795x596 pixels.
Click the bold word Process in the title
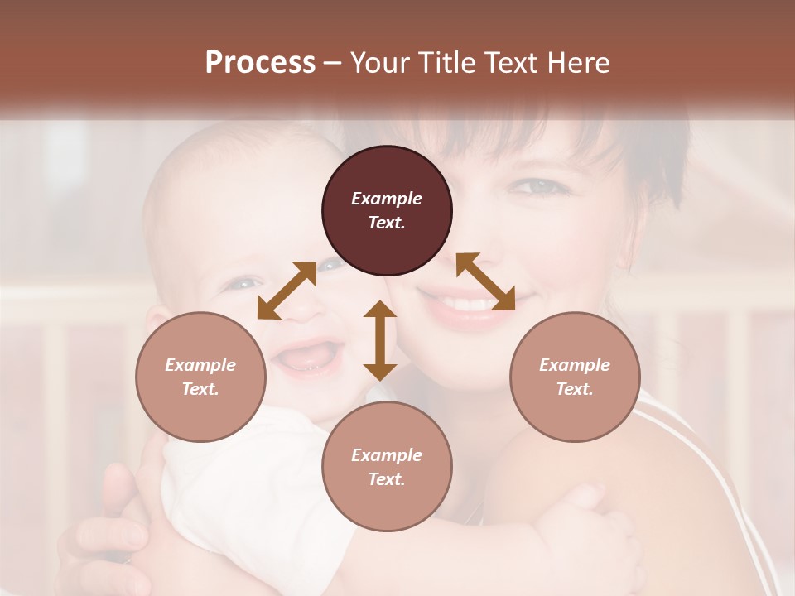tap(260, 63)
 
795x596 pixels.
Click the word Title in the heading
tap(446, 63)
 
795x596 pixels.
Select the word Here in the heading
tap(577, 63)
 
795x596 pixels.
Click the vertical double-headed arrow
tap(380, 340)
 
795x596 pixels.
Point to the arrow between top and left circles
tap(287, 290)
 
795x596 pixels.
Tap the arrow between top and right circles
tap(485, 281)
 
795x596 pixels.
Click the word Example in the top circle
tap(387, 199)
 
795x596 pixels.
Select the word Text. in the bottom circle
tap(387, 479)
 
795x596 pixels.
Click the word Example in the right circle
tap(574, 365)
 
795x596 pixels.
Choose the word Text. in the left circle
tap(200, 389)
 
